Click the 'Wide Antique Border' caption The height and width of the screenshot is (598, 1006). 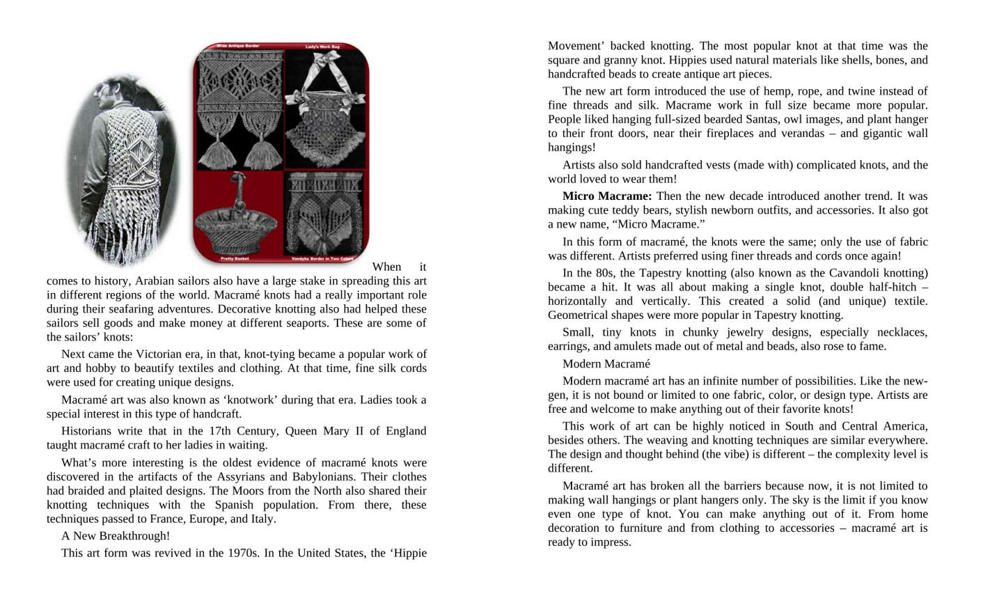[237, 46]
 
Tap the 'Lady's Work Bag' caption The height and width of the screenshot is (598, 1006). [322, 47]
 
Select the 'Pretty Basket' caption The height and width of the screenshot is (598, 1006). [235, 258]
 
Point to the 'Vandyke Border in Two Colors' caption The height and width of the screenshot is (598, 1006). [322, 259]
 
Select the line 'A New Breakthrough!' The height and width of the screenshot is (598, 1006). [116, 536]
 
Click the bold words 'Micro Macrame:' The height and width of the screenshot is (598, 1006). [607, 196]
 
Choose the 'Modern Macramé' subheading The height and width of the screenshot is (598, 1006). [606, 364]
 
